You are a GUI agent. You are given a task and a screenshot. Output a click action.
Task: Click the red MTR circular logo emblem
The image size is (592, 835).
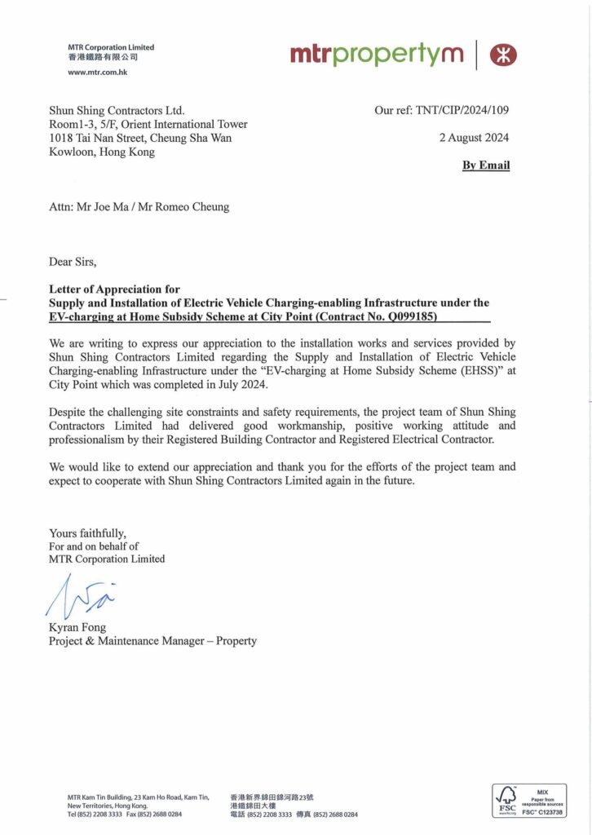click(503, 55)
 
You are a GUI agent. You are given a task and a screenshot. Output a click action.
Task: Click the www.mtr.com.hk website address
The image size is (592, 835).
click(97, 73)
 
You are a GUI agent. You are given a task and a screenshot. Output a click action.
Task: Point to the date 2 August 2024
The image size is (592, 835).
click(474, 138)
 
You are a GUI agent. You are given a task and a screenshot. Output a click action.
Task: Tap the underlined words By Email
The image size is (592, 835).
click(486, 165)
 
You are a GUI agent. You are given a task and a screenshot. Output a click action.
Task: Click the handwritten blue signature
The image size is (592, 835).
click(80, 598)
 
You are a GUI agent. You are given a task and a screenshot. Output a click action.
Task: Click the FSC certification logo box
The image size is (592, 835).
click(528, 801)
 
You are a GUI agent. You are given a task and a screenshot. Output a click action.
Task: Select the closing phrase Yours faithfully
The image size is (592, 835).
click(87, 533)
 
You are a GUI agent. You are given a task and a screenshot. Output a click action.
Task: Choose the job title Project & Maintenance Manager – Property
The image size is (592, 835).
click(152, 641)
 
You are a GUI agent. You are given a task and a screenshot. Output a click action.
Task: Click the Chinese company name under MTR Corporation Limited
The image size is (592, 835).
click(103, 57)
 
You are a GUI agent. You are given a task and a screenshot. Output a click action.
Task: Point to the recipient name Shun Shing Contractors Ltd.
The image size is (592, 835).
click(117, 110)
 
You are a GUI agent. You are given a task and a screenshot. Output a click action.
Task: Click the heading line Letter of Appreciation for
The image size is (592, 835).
click(114, 289)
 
